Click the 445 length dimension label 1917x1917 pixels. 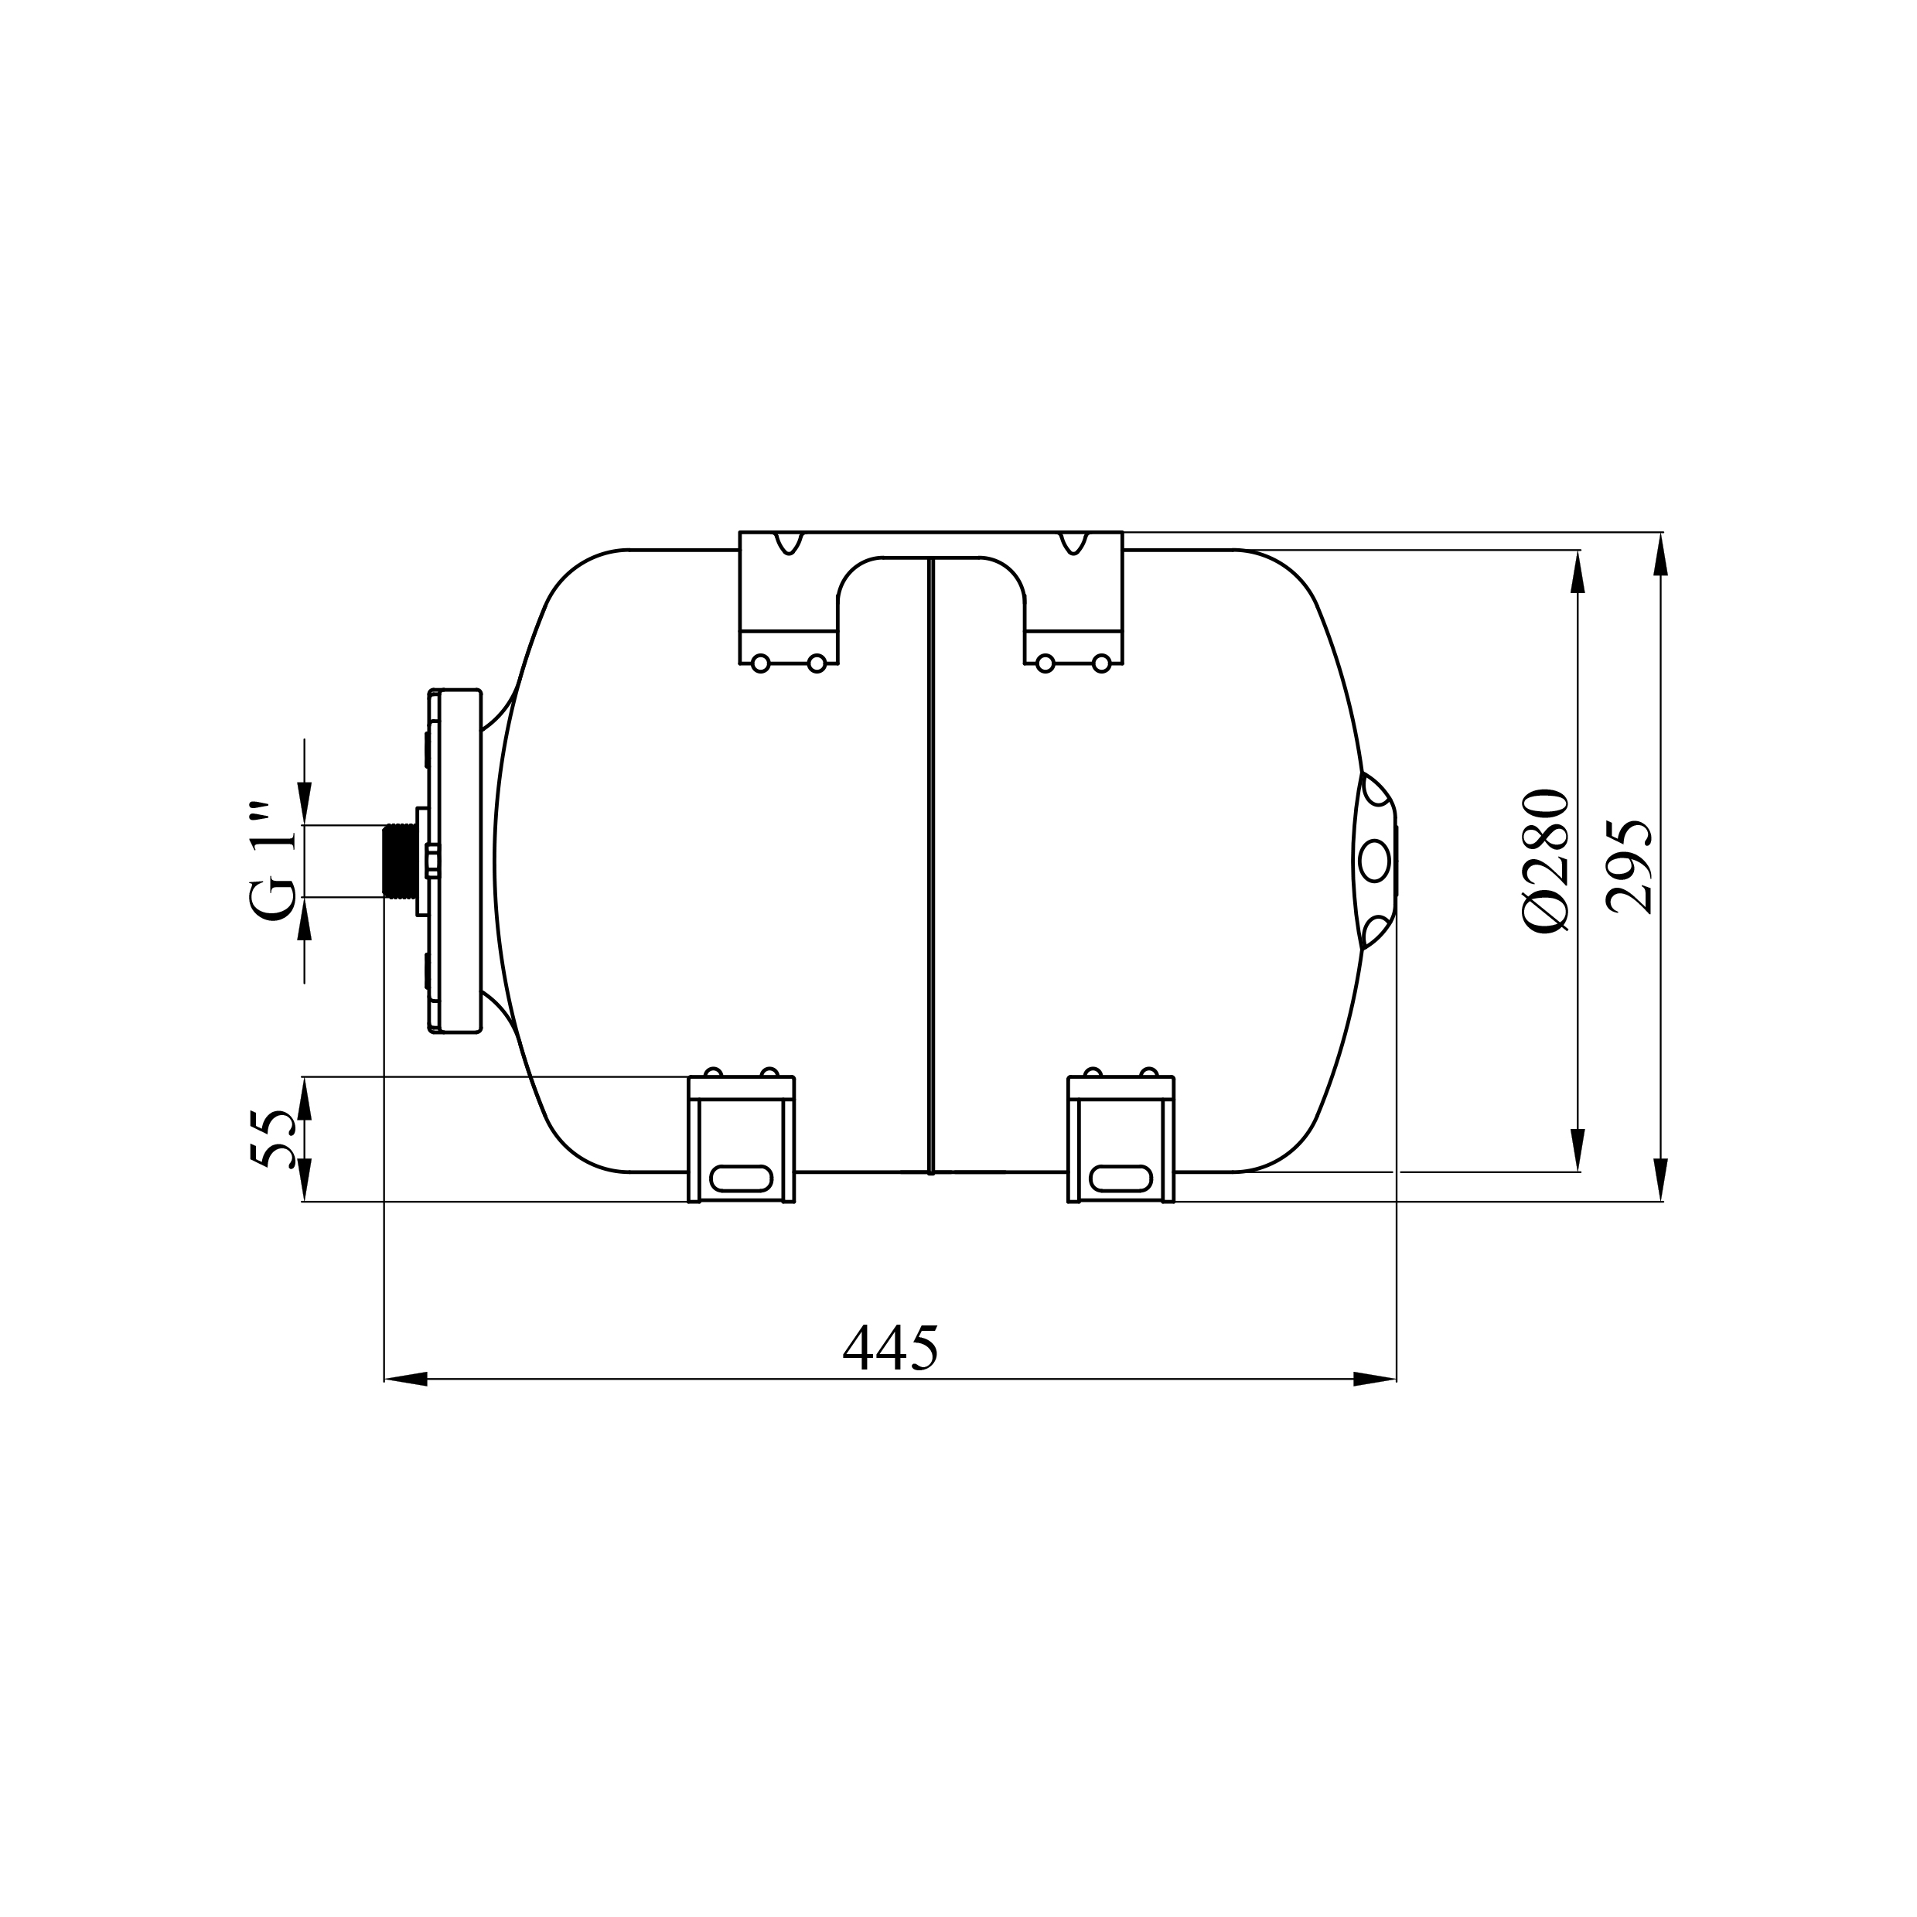pos(890,1347)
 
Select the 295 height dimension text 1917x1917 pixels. pos(1629,866)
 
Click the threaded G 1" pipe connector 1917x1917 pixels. pos(400,861)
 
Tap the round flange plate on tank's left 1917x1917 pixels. pos(455,861)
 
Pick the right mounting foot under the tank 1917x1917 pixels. pos(1121,1139)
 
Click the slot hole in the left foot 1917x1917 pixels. pos(741,1178)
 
